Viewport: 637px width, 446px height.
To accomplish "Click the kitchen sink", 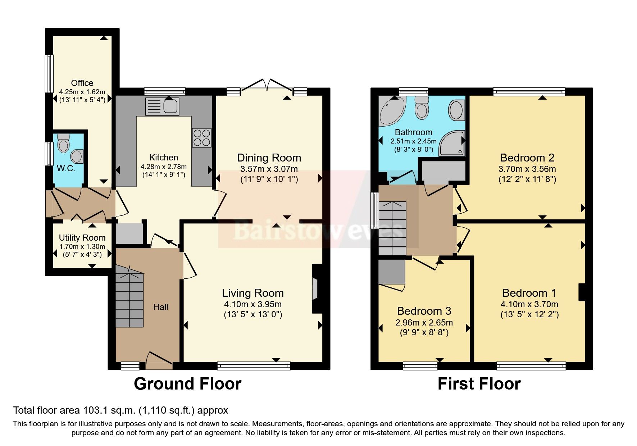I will [162, 106].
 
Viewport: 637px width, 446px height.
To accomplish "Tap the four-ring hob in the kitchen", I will [201, 138].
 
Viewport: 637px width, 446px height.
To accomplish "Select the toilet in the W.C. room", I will [64, 144].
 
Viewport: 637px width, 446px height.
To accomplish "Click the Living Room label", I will [252, 293].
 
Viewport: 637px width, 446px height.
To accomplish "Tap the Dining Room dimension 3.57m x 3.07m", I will [269, 169].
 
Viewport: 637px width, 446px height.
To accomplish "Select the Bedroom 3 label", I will [424, 311].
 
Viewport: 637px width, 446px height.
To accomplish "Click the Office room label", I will [82, 83].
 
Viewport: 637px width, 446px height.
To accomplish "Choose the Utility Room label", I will [82, 238].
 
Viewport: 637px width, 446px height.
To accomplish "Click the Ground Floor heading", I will [187, 384].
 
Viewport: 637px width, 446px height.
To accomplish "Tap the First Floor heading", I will [479, 384].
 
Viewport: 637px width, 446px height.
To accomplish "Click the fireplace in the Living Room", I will [315, 288].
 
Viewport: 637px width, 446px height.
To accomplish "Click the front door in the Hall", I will [159, 360].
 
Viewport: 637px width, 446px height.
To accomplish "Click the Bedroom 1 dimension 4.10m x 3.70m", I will [529, 304].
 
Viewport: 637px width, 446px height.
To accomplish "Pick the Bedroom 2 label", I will [527, 158].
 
